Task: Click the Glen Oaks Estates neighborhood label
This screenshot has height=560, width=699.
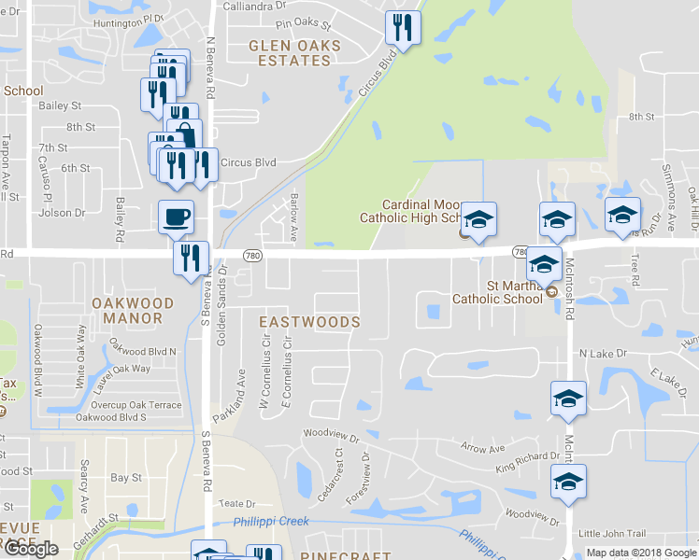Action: (289, 52)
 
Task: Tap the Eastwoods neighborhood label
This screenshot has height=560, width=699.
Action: (308, 322)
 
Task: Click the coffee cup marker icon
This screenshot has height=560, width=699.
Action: (176, 217)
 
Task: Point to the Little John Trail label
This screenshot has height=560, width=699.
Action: (612, 534)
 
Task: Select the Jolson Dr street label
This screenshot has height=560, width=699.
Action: (61, 213)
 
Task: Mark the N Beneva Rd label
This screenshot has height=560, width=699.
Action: (211, 70)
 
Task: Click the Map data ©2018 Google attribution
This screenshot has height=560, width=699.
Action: (640, 553)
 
